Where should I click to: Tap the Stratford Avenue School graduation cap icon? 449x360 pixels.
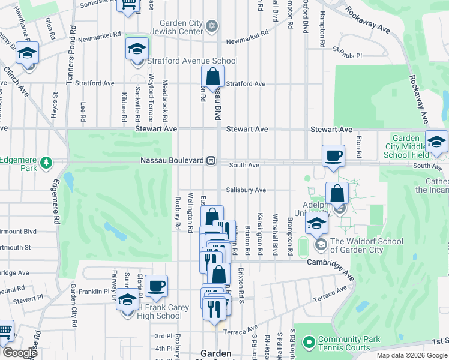(137, 49)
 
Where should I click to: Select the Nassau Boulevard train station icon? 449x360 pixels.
(211, 160)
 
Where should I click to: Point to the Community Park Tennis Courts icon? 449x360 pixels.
(309, 343)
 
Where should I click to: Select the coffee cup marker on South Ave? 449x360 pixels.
(333, 156)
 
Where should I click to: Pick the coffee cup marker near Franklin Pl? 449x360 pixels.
(156, 286)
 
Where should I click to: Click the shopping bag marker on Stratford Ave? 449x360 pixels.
(212, 76)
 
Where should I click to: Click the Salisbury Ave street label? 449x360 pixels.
(246, 190)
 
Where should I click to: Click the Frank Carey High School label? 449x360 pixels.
(158, 312)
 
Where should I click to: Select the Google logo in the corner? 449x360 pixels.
(20, 353)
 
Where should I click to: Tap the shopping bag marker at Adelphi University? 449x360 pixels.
(337, 193)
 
